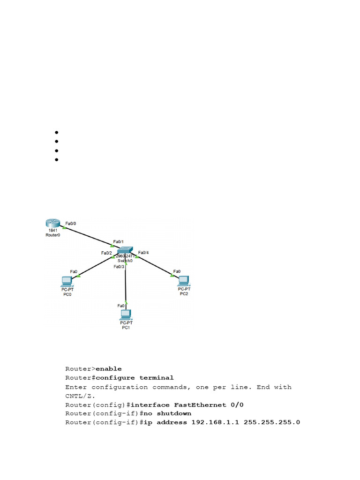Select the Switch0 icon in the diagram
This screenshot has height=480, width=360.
[x=125, y=249]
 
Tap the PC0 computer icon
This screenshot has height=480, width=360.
[x=67, y=281]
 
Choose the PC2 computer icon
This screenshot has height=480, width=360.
[x=183, y=280]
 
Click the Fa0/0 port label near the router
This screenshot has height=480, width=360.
[x=71, y=224]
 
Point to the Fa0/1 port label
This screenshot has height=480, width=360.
[x=119, y=242]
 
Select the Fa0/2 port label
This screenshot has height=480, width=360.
[x=106, y=253]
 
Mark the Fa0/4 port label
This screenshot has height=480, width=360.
[x=143, y=253]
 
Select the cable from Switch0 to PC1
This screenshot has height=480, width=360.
[x=126, y=286]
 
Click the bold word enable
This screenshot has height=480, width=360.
[x=108, y=368]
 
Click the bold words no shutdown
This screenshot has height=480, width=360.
[x=174, y=413]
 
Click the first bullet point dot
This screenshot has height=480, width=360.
[x=56, y=133]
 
